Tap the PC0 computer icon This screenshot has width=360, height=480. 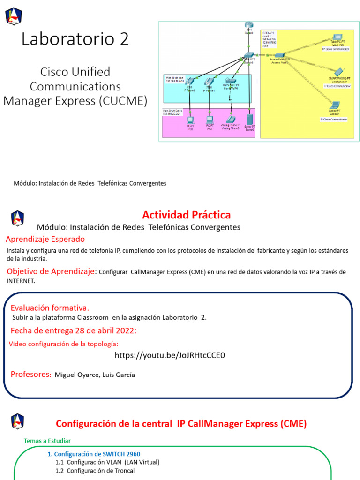pyautogui.click(x=191, y=119)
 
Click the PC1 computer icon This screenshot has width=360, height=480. pyautogui.click(x=210, y=119)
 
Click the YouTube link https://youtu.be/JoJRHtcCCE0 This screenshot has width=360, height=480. pyautogui.click(x=170, y=355)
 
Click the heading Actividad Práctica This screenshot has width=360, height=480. pyautogui.click(x=186, y=215)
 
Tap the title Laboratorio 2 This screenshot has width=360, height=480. pyautogui.click(x=75, y=39)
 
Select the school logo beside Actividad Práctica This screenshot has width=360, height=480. pyautogui.click(x=17, y=218)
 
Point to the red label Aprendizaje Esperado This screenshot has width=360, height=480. pyautogui.click(x=45, y=239)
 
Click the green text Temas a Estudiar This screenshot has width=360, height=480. pyautogui.click(x=47, y=441)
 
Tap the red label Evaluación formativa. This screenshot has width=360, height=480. pyautogui.click(x=50, y=308)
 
